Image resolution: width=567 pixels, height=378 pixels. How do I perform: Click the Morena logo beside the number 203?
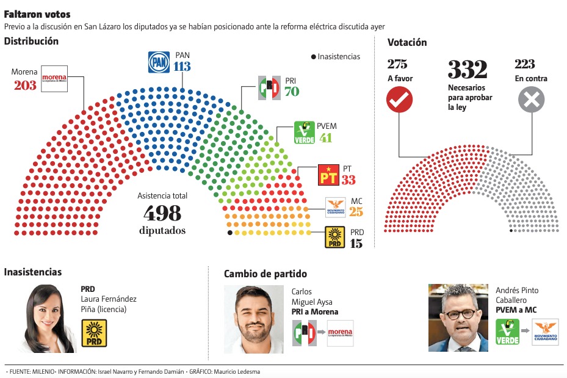tap(54, 78)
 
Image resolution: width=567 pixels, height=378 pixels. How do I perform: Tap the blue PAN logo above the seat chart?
tap(159, 62)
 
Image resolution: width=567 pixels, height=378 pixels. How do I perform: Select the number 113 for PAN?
tap(182, 66)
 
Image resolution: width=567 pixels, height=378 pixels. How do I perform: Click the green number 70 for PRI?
tap(292, 92)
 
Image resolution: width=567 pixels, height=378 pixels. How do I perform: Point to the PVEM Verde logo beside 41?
tap(304, 132)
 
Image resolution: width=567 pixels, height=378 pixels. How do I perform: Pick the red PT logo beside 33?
tap(328, 175)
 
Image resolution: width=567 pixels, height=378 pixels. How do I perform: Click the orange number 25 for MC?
tap(356, 213)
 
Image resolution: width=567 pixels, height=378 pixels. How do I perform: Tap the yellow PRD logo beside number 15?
tap(335, 237)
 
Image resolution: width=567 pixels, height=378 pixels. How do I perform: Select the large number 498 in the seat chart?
tap(162, 213)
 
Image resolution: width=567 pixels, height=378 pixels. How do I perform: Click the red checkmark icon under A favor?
tap(400, 100)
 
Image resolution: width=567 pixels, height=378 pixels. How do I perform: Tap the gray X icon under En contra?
tap(531, 100)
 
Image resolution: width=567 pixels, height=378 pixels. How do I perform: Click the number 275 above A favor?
tap(397, 64)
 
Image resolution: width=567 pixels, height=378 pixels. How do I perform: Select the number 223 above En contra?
tap(525, 64)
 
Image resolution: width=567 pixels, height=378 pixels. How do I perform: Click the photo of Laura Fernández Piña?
tap(51, 318)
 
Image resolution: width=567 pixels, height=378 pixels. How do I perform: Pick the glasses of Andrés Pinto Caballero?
tap(460, 314)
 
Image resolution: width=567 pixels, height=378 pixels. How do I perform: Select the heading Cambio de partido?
tap(265, 274)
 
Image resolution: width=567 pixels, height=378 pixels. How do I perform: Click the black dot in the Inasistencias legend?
tap(313, 57)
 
